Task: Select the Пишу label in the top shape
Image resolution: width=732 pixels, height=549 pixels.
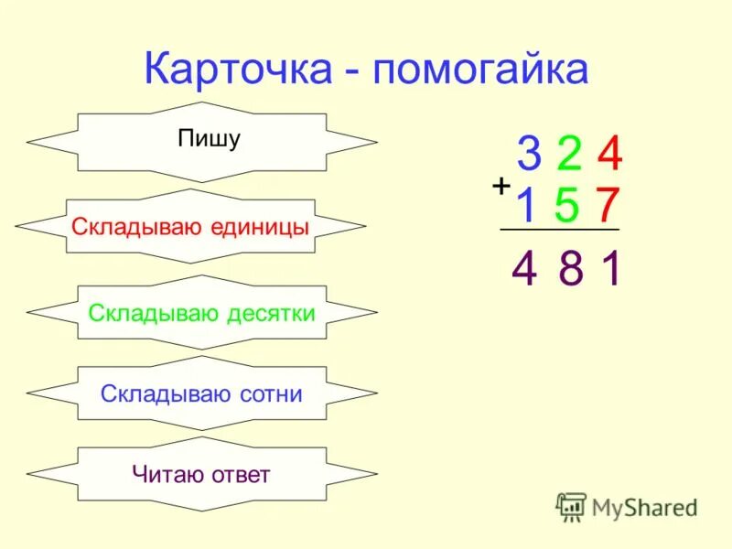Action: [x=209, y=140]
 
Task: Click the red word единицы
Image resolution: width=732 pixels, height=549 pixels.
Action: [x=260, y=227]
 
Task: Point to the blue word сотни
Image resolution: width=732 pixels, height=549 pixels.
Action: [x=269, y=394]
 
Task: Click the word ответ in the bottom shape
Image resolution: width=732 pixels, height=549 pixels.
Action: [x=240, y=475]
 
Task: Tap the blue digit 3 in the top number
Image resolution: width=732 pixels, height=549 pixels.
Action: [x=528, y=156]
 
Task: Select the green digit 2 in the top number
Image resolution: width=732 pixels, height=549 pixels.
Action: [x=569, y=156]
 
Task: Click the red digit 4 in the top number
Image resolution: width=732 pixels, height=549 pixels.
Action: [x=609, y=156]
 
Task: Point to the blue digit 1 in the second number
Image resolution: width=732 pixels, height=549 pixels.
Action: [x=526, y=206]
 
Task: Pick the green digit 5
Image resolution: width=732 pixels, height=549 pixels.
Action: [x=567, y=206]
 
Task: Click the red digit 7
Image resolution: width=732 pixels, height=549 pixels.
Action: [x=608, y=206]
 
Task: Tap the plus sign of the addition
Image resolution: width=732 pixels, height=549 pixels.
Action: [x=501, y=186]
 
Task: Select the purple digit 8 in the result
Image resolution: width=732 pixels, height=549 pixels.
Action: [x=571, y=270]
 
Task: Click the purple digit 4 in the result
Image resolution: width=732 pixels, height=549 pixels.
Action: [x=524, y=270]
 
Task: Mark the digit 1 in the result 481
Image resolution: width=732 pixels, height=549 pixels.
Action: [x=611, y=270]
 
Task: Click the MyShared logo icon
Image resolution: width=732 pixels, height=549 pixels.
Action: [x=571, y=506]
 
